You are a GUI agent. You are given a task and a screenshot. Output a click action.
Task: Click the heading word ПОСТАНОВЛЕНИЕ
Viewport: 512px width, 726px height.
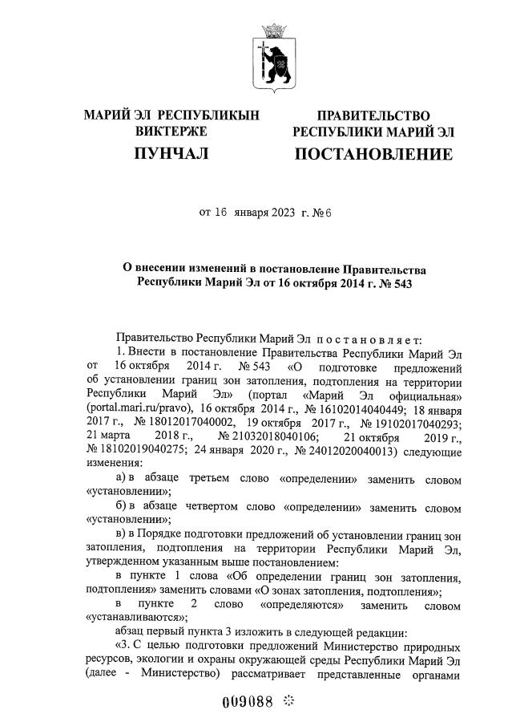click(373, 153)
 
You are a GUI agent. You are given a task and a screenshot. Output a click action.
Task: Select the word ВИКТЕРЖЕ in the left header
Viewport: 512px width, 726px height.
click(171, 130)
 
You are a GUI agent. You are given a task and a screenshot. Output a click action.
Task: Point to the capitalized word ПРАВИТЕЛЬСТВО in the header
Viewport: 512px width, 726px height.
click(373, 116)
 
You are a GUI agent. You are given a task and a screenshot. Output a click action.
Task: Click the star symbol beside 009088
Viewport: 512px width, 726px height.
click(289, 700)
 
